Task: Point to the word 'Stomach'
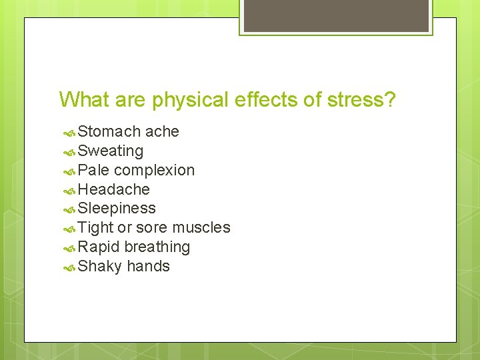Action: click(109, 132)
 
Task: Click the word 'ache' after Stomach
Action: click(162, 132)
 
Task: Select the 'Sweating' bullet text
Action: click(111, 151)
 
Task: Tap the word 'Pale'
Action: click(93, 170)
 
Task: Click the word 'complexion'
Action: click(155, 171)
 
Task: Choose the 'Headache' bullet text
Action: click(114, 189)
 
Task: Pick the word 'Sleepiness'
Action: click(117, 209)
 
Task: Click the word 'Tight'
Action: click(95, 228)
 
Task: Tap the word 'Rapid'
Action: click(99, 247)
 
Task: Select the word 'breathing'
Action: click(157, 247)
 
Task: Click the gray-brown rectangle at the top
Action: click(335, 15)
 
